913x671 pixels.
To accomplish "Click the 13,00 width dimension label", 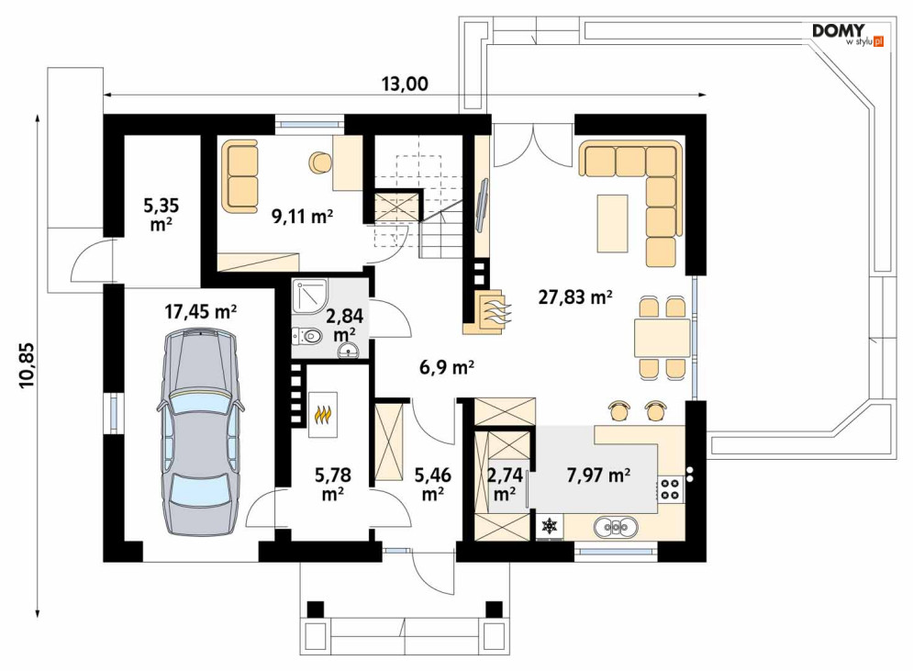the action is click(405, 84).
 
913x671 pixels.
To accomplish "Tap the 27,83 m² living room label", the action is click(574, 297).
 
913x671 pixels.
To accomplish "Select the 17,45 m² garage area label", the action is click(200, 312).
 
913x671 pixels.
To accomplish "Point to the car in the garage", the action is click(199, 431).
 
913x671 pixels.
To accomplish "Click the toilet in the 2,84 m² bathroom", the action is click(306, 336).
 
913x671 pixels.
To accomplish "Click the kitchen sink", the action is click(616, 527).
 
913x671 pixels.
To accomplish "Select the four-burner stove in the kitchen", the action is click(670, 488).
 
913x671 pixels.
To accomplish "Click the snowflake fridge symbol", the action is click(549, 526).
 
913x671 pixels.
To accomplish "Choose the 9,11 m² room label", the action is click(302, 217).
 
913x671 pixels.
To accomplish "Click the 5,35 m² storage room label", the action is click(161, 215).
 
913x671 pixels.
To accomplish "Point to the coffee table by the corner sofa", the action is click(612, 224).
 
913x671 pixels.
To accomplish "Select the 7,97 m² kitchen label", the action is click(598, 475).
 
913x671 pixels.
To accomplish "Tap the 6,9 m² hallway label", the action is click(447, 367).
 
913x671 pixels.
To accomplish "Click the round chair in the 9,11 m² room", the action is click(319, 162).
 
